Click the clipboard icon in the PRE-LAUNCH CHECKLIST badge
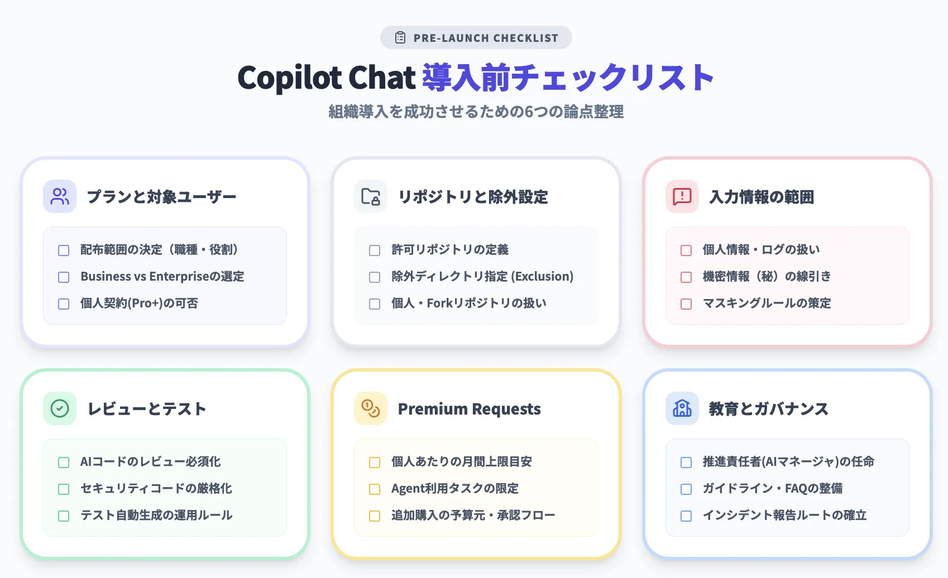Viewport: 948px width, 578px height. pos(400,38)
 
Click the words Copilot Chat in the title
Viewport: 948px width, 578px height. pos(327,78)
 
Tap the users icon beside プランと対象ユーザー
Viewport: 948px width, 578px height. pos(60,196)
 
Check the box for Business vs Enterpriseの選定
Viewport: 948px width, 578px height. pos(64,277)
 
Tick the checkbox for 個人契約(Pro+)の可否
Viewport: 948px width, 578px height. pos(64,304)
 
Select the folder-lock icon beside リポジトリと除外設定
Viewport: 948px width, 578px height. pos(371,196)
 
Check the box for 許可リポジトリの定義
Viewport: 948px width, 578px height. pos(375,251)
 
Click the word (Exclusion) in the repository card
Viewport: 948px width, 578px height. pos(542,277)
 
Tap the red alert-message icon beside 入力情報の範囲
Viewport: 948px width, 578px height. pos(682,196)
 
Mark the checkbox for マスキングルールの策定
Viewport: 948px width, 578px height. pos(686,304)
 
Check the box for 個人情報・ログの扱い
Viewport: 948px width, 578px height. pos(686,251)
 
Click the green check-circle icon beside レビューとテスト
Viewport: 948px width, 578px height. pos(60,408)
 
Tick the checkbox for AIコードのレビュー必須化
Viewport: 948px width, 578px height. pos(64,463)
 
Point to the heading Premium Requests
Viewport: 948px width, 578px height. pos(469,409)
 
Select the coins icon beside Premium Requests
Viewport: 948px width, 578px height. pos(371,408)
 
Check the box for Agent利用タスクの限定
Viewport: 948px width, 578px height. pos(375,489)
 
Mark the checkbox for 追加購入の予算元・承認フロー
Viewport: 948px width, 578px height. pos(375,516)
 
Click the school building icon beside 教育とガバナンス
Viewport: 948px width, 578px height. pos(682,408)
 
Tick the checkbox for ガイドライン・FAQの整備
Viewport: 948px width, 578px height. pos(686,489)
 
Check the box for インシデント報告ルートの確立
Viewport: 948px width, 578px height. pos(686,516)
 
